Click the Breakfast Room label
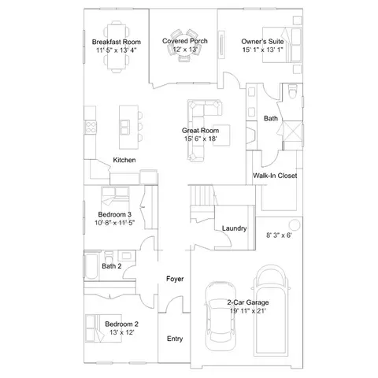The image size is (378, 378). tap(117, 42)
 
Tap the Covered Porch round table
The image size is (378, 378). tap(185, 45)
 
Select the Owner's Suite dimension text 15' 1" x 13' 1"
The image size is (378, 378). tap(262, 50)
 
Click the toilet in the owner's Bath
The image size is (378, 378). tap(292, 91)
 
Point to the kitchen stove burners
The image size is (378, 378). tap(91, 128)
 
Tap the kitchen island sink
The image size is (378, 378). tap(124, 128)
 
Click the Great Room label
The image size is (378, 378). tap(200, 131)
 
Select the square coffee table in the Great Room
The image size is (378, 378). tap(221, 135)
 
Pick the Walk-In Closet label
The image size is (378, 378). tap(275, 176)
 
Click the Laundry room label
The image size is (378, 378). tap(234, 228)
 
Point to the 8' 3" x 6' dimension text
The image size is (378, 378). tap(279, 235)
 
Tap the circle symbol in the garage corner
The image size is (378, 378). tap(295, 225)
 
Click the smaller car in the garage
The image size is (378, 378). tap(220, 317)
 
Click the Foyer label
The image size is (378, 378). tap(175, 279)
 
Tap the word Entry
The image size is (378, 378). tap(175, 339)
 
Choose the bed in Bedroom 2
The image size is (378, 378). tap(103, 328)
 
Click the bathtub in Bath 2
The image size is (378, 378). tap(91, 266)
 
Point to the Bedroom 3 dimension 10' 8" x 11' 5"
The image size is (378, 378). tap(115, 223)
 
